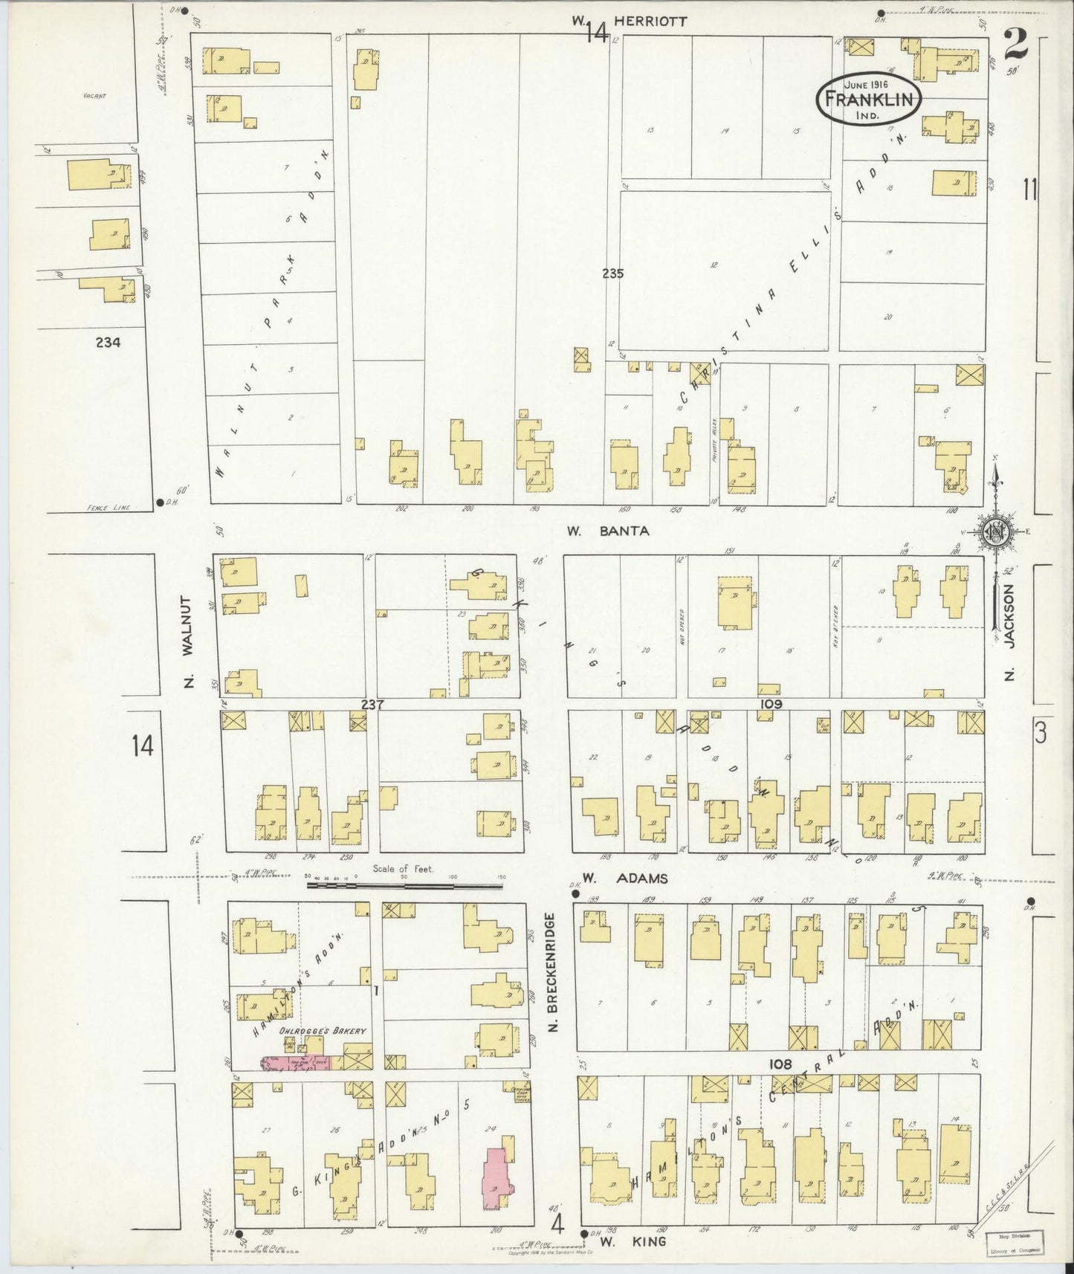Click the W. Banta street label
[x=608, y=531]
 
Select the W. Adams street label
[x=624, y=878]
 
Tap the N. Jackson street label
[x=1009, y=632]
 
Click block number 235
[x=613, y=274]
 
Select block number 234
[x=109, y=342]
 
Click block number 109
[x=770, y=703]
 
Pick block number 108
[x=778, y=1064]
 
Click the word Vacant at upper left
[x=94, y=95]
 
